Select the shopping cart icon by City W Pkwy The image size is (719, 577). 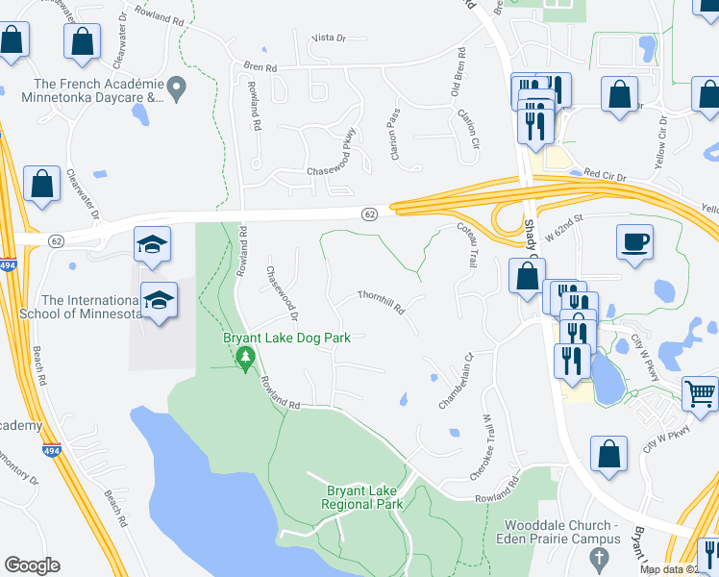point(700,392)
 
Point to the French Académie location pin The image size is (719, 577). point(178,88)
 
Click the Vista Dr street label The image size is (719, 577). point(327,38)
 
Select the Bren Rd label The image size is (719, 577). point(260,68)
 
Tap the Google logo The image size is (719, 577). point(32,565)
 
